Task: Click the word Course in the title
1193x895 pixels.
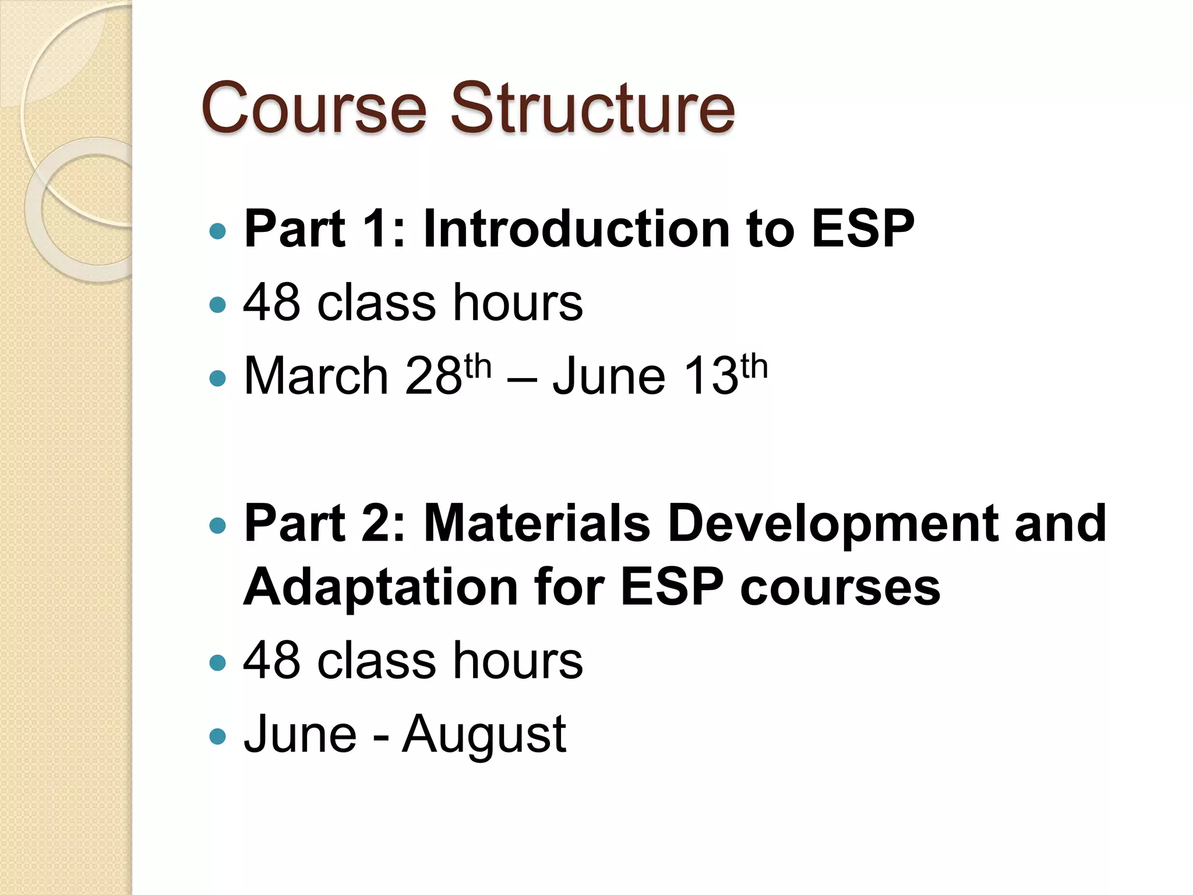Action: tap(314, 108)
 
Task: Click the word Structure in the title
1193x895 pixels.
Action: tap(592, 108)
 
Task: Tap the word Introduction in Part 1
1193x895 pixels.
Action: tap(576, 229)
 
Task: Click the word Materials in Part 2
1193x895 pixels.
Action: tap(537, 523)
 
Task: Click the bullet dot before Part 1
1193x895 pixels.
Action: tap(217, 231)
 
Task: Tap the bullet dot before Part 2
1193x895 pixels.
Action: tap(217, 526)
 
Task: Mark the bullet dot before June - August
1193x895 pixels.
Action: tap(217, 737)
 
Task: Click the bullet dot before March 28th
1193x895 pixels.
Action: tap(217, 379)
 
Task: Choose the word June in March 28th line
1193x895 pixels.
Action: tap(608, 376)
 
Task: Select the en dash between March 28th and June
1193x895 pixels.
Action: tap(522, 379)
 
